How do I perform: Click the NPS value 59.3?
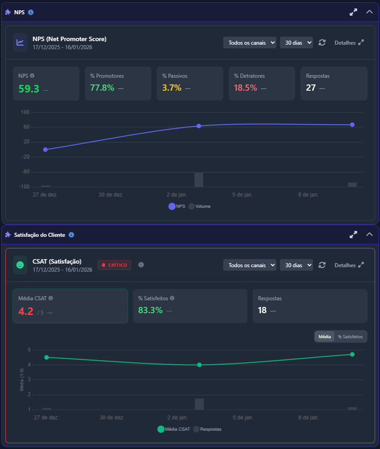(x=29, y=88)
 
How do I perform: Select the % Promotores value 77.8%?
(x=102, y=88)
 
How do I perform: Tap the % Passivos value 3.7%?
(x=172, y=88)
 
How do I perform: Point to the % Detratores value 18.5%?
(x=246, y=88)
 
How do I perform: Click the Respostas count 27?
(x=311, y=88)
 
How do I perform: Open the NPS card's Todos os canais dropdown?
(x=250, y=42)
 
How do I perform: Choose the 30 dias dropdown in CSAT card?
(x=296, y=265)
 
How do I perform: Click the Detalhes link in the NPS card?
(x=349, y=43)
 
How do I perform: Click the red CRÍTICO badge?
(x=114, y=265)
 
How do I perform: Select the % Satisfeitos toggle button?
(x=350, y=336)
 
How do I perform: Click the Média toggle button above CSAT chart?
(x=325, y=336)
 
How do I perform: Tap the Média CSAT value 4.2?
(x=26, y=311)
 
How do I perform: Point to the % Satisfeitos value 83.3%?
(x=150, y=310)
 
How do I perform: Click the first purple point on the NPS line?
(x=46, y=150)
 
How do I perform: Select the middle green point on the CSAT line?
(x=199, y=365)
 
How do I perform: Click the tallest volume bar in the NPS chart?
(x=199, y=180)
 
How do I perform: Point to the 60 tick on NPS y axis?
(x=26, y=127)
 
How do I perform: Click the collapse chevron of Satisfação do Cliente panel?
(x=369, y=234)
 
